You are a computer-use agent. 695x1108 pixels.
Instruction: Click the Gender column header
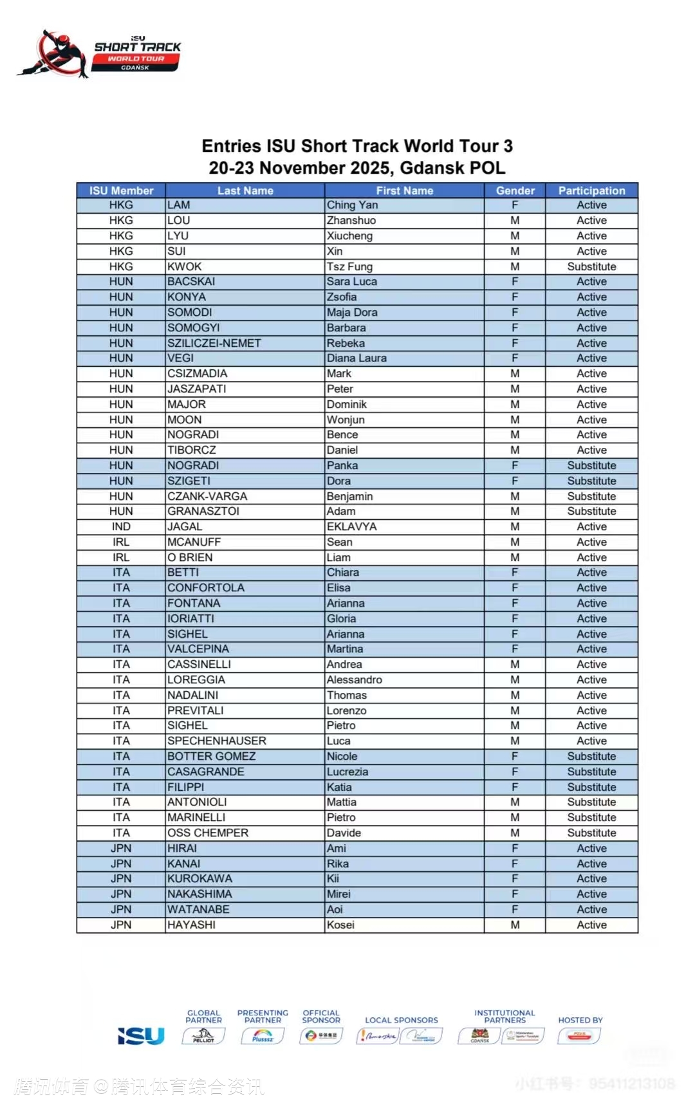[x=515, y=190]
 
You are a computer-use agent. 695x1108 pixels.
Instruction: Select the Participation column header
[x=591, y=190]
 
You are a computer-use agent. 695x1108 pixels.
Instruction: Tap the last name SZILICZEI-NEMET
[x=214, y=343]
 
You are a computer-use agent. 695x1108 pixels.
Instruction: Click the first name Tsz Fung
[x=349, y=266]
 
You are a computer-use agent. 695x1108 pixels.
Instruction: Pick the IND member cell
[x=121, y=526]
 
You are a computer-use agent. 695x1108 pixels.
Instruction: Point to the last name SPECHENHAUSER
[x=216, y=741]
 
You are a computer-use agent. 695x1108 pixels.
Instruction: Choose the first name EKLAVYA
[x=351, y=526]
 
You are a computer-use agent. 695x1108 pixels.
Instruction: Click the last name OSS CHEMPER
[x=208, y=833]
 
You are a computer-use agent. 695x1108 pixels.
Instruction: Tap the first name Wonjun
[x=346, y=420]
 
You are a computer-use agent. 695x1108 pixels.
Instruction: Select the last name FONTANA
[x=194, y=603]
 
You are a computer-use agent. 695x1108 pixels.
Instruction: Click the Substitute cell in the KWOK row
[x=591, y=266]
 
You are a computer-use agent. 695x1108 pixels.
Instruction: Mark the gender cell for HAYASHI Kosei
[x=515, y=925]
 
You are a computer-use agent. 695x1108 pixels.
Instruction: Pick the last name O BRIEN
[x=190, y=557]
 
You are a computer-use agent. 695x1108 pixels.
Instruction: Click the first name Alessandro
[x=354, y=679]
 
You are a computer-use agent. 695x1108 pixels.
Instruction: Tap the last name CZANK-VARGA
[x=207, y=496]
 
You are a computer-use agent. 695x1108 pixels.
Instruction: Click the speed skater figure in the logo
[x=55, y=55]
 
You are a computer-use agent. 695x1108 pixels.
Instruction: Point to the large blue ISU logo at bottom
[x=141, y=1036]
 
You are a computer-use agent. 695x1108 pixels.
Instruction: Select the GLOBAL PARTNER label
[x=203, y=1016]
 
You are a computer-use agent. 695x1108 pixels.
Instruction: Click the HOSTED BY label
[x=580, y=1020]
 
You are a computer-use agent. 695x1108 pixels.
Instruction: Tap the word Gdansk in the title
[x=432, y=168]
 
